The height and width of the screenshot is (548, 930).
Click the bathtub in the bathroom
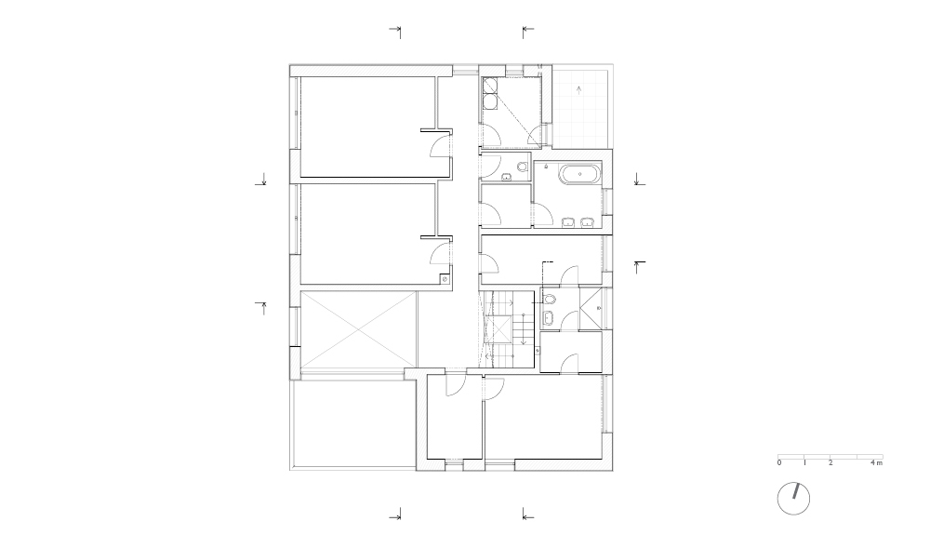point(581,175)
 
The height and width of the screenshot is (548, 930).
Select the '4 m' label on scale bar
point(876,462)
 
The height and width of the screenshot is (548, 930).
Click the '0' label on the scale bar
point(778,462)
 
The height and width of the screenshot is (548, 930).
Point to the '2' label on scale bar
point(830,462)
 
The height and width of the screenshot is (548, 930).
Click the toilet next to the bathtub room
point(522,166)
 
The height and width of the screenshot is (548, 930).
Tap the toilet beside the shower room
point(549,299)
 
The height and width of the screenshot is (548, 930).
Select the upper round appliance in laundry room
point(490,87)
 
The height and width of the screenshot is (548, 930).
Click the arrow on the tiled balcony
point(579,90)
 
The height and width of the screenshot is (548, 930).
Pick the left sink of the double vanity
point(569,223)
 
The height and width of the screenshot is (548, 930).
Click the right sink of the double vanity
point(587,223)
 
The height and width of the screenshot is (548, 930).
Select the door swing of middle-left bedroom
point(440,253)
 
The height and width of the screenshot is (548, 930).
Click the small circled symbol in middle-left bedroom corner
point(445,279)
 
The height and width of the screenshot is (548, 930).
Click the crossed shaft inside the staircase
point(498,329)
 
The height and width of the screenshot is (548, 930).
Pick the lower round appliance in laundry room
point(490,102)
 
